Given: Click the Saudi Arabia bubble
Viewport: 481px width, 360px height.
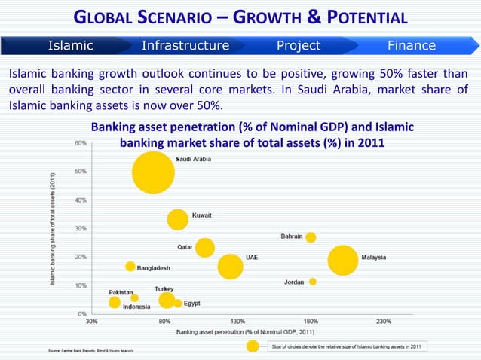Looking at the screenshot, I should [153, 172].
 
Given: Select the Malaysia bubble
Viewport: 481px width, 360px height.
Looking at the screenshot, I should [343, 261].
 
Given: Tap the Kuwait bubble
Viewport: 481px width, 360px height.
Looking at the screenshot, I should [178, 219].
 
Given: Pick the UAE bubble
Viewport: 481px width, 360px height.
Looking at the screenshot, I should [231, 266].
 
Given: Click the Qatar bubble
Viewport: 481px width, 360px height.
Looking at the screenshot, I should [204, 247].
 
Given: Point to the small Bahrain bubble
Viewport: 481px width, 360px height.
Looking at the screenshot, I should [311, 237].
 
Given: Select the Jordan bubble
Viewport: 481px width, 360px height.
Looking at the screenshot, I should [312, 282].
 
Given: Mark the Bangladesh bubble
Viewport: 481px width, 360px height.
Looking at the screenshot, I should [130, 266].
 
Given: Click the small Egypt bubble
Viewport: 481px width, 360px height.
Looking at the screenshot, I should [178, 303].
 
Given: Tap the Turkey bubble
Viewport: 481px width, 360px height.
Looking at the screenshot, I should [167, 301].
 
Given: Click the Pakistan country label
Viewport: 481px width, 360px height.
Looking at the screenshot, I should [121, 291].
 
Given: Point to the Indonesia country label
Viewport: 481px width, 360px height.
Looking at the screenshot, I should [136, 307].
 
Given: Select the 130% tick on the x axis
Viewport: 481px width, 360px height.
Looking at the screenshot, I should [237, 321].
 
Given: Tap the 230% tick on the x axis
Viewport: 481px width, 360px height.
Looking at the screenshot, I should [383, 321].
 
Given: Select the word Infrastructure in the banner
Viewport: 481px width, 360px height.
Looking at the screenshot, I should [185, 46].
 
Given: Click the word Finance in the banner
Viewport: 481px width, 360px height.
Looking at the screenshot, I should [411, 46].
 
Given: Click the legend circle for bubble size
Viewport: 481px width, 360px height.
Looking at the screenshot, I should [254, 346].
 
